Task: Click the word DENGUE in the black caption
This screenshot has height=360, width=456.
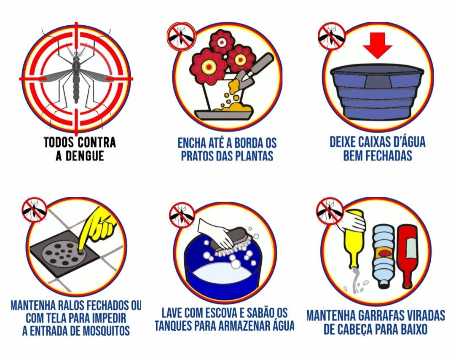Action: pyautogui.click(x=84, y=156)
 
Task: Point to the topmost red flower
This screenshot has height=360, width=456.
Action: pyautogui.click(x=222, y=42)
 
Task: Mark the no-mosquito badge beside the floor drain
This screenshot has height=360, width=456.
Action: pyautogui.click(x=35, y=210)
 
